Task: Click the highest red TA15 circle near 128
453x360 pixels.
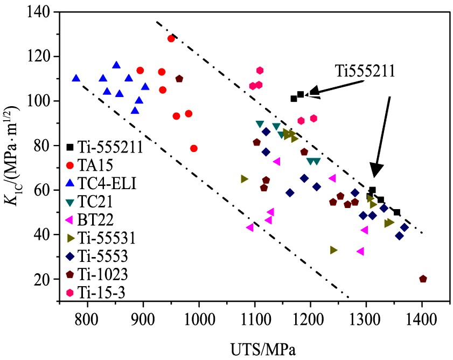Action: pos(171,38)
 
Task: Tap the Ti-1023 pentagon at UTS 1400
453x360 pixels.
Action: pos(423,279)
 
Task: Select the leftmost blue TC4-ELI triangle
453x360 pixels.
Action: pos(76,78)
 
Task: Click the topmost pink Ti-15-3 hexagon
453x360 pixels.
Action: pos(260,70)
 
